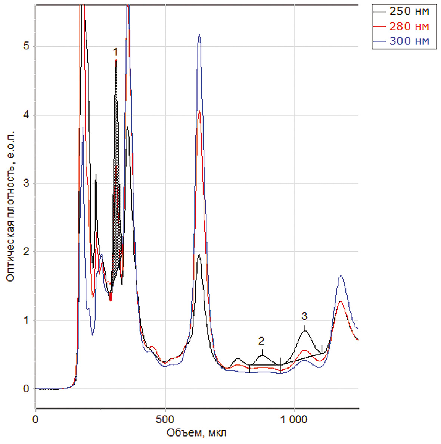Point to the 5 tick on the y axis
point(25,47)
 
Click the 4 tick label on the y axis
point(25,115)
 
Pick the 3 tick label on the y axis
point(25,184)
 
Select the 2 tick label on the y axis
point(25,252)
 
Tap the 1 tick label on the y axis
point(25,320)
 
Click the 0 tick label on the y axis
point(25,389)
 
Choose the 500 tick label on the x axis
point(165,419)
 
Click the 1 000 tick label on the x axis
point(294,419)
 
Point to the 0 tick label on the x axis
point(35,419)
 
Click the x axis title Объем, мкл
point(196,433)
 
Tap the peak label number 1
point(116,51)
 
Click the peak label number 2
point(261,341)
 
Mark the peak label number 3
point(304,316)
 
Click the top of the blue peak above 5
point(199,35)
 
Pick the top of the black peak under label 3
point(305,330)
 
